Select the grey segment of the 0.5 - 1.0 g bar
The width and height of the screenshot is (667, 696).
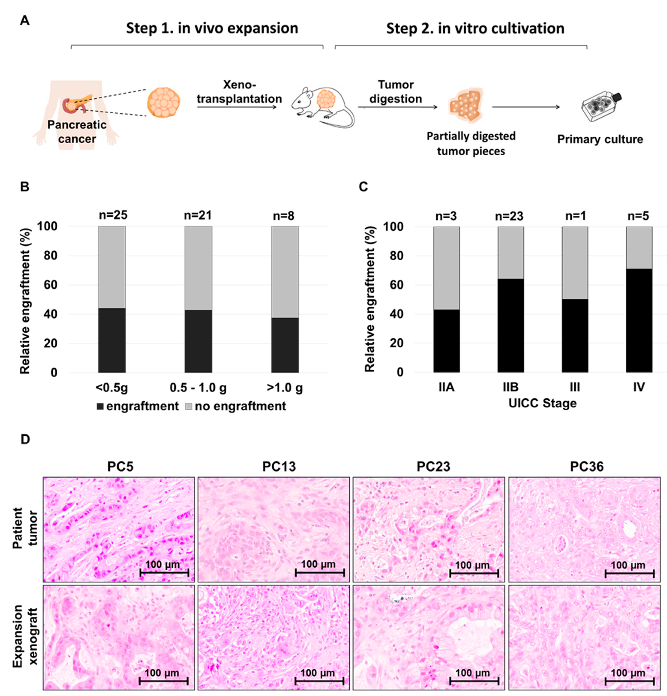point(198,268)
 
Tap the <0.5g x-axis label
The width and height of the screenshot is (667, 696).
point(112,388)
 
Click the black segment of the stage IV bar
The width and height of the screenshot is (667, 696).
point(639,320)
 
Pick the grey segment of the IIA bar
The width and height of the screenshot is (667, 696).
point(446,268)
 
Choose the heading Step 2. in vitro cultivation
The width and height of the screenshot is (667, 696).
point(475,28)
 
